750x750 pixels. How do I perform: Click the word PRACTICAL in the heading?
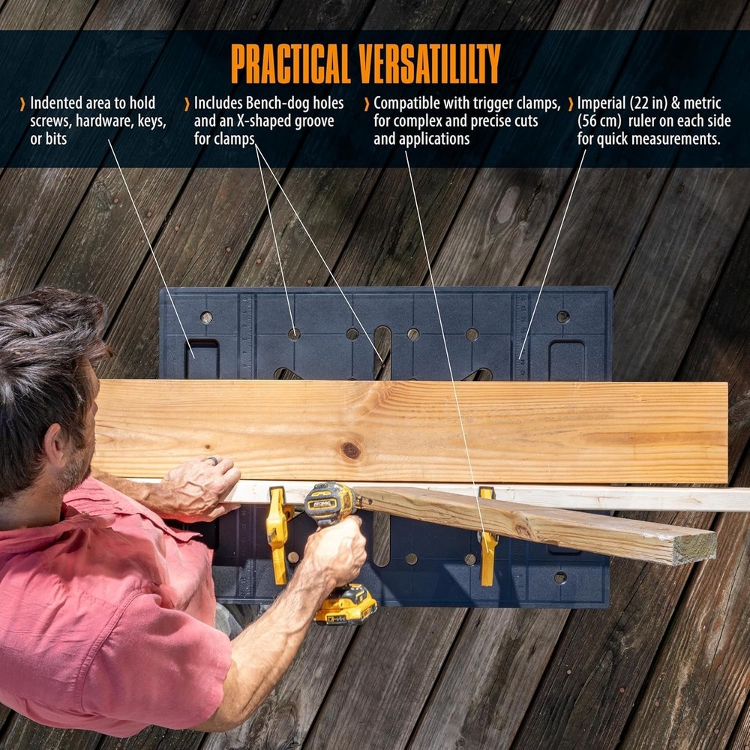pyautogui.click(x=289, y=64)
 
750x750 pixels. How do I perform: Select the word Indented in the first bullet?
pyautogui.click(x=55, y=103)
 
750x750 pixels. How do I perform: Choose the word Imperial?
pyautogui.click(x=604, y=103)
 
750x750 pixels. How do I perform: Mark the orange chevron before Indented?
pyautogui.click(x=23, y=103)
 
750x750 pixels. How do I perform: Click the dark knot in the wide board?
pyautogui.click(x=350, y=450)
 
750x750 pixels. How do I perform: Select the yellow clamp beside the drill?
pyautogui.click(x=278, y=532)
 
